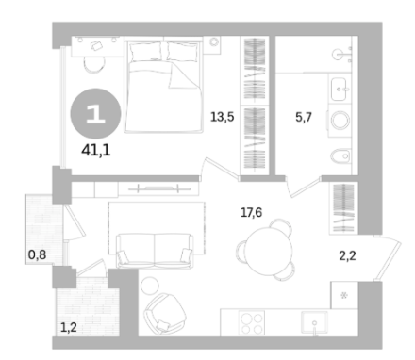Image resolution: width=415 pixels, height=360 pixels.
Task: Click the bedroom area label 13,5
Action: (x=223, y=117)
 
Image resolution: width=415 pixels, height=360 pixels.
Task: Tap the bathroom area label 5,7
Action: (x=304, y=117)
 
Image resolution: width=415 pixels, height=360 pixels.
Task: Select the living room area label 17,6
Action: (x=251, y=213)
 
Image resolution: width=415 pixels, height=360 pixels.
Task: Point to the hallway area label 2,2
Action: (x=347, y=256)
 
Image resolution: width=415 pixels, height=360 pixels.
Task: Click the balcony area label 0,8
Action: (x=37, y=254)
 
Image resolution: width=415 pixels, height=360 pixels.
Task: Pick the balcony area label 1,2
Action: (x=69, y=328)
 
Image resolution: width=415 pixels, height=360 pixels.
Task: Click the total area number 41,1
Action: (x=95, y=151)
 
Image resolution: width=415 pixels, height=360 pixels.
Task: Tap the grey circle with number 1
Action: (x=95, y=114)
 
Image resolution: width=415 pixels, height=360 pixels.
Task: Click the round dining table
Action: (x=270, y=251)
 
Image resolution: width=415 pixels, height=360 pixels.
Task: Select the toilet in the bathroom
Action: (x=340, y=155)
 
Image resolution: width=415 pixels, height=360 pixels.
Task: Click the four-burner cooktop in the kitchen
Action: (x=252, y=323)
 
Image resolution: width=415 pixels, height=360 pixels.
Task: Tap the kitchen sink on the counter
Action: (x=314, y=322)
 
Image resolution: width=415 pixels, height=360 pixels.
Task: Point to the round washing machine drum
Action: (x=340, y=120)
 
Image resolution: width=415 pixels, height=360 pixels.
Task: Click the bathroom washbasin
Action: (x=340, y=90)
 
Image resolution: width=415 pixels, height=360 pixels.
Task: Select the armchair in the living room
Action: (x=164, y=313)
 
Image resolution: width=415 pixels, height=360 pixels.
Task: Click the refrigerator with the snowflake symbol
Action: (x=344, y=295)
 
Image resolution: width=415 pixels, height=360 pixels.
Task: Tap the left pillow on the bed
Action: (x=145, y=52)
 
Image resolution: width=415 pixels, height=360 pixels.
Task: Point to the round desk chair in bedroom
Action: (x=94, y=65)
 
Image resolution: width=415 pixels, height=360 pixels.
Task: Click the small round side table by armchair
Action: (x=150, y=286)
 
